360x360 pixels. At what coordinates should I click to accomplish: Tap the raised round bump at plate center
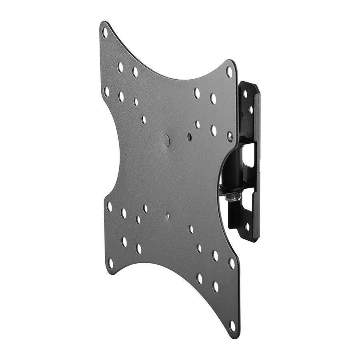pyautogui.click(x=166, y=140)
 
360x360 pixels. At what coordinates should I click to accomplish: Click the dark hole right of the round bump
pyautogui.click(x=189, y=137)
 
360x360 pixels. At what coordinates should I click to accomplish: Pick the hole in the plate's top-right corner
pyautogui.click(x=229, y=72)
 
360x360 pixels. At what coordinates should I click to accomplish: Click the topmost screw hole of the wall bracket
pyautogui.click(x=244, y=94)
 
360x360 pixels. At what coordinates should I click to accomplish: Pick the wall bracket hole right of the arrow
pyautogui.click(x=251, y=109)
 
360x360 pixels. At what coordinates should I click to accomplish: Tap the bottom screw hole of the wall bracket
pyautogui.click(x=247, y=227)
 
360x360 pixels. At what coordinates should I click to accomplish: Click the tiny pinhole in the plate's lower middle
pyautogui.click(x=168, y=216)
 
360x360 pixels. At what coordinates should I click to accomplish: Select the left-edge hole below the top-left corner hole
pyautogui.click(x=106, y=91)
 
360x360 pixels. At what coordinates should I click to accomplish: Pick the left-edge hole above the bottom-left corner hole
pyautogui.click(x=109, y=207)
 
